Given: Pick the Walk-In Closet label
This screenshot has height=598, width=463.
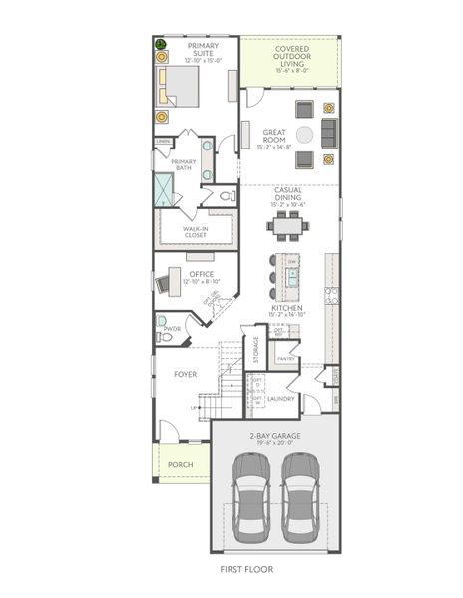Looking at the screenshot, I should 195,232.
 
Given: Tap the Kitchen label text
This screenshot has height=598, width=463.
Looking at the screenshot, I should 287,310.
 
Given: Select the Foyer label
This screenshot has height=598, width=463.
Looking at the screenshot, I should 185,374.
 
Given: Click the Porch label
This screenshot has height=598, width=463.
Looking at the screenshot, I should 181,464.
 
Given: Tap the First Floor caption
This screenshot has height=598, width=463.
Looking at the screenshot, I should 245,569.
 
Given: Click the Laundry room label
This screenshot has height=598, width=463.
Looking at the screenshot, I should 280,399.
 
